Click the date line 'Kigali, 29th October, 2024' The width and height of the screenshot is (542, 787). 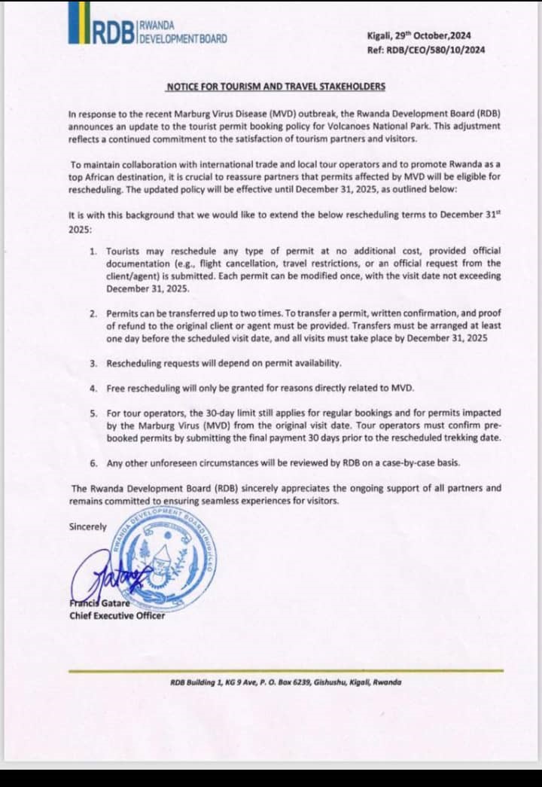(425, 35)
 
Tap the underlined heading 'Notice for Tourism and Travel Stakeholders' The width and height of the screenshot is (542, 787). (276, 87)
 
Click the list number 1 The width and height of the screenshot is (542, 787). (93, 250)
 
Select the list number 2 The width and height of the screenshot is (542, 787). (93, 313)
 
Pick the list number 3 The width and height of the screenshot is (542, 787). (93, 363)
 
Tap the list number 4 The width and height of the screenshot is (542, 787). (93, 389)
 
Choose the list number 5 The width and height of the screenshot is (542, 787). (93, 413)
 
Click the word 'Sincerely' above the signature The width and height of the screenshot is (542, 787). (87, 526)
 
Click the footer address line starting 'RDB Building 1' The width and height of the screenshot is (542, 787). (286, 682)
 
